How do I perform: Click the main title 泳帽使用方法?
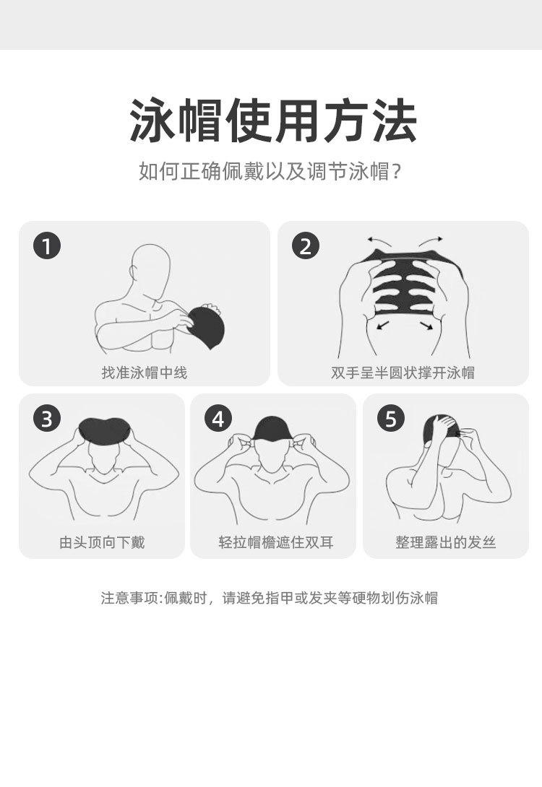[x=273, y=121]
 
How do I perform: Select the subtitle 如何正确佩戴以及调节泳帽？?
[x=270, y=173]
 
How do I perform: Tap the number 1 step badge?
[x=47, y=246]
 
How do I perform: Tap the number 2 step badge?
[x=306, y=246]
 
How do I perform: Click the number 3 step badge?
[x=47, y=419]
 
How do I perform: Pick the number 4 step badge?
[x=218, y=419]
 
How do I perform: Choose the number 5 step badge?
[x=391, y=419]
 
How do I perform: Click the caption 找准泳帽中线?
[x=145, y=373]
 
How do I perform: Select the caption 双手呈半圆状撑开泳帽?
[x=403, y=373]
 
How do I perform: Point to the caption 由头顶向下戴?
[x=102, y=542]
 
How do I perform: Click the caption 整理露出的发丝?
[x=445, y=542]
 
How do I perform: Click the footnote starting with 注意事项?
[x=269, y=598]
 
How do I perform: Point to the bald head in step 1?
[x=150, y=264]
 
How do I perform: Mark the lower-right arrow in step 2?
[x=428, y=326]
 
